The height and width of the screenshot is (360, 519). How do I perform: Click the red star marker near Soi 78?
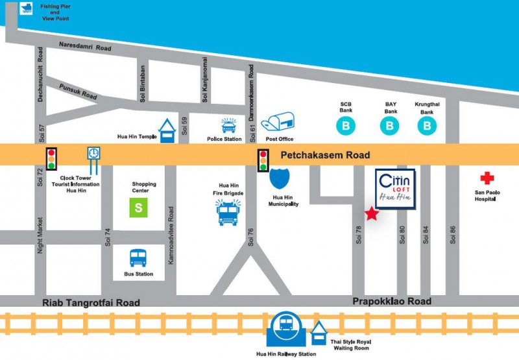click(x=372, y=213)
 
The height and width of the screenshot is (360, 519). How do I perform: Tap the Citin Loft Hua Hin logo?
click(x=395, y=189)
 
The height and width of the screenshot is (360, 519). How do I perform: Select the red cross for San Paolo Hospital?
click(x=487, y=178)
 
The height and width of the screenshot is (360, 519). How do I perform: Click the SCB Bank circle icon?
click(x=346, y=126)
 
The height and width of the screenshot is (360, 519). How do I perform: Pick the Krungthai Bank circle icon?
click(x=427, y=126)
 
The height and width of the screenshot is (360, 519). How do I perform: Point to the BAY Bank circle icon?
click(x=390, y=126)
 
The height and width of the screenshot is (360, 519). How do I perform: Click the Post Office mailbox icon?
click(x=278, y=121)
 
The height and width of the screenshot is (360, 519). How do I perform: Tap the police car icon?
click(x=229, y=126)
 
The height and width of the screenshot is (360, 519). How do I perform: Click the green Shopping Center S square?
click(x=138, y=208)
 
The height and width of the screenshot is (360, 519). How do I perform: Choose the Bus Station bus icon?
click(x=138, y=258)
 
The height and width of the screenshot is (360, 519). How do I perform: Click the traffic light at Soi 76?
click(x=263, y=160)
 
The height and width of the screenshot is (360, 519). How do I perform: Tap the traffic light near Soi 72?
click(x=51, y=159)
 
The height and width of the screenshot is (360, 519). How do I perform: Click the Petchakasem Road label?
click(x=326, y=155)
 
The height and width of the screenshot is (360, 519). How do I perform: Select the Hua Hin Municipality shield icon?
click(x=280, y=178)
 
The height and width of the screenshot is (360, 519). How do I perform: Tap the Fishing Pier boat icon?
click(x=26, y=8)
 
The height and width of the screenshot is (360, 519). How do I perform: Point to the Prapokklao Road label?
click(x=392, y=302)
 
